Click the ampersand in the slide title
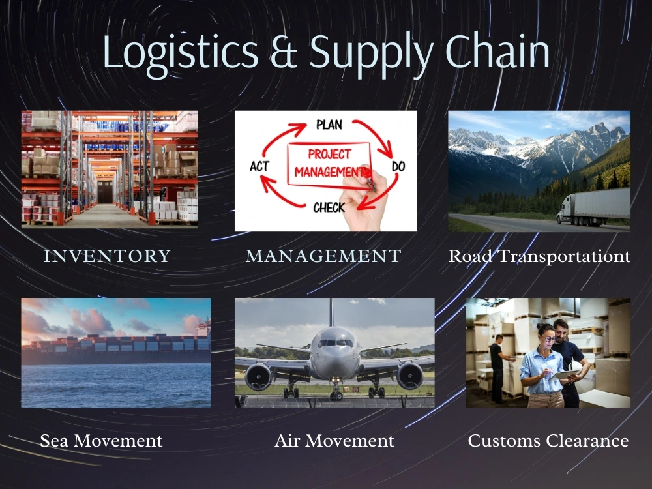coord(284,53)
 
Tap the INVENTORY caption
coord(107,256)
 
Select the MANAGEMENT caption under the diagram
coord(323,256)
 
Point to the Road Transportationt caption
coord(539,256)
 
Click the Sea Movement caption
coord(101,441)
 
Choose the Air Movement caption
coord(334,441)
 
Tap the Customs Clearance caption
coord(548,441)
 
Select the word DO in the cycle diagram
coord(398,167)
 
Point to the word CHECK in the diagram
coord(329,208)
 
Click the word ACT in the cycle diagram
coord(259,167)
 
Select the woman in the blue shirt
coord(542,368)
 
